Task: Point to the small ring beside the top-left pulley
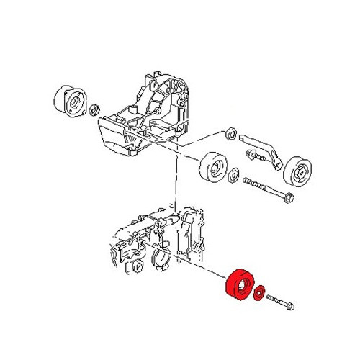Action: pyautogui.click(x=93, y=109)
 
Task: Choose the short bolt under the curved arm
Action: pyautogui.click(x=254, y=154)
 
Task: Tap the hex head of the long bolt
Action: pyautogui.click(x=287, y=195)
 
